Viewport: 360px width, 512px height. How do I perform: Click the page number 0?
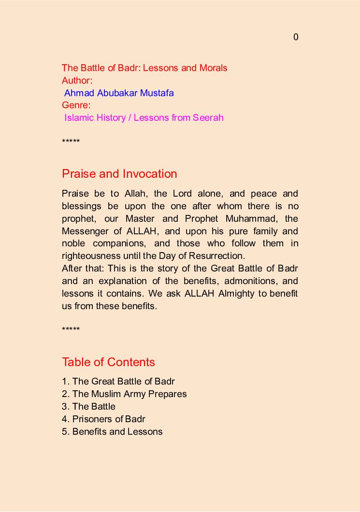(x=296, y=37)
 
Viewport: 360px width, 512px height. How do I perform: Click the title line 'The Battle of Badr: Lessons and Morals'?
(x=144, y=68)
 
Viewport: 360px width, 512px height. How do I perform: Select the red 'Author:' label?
(x=77, y=81)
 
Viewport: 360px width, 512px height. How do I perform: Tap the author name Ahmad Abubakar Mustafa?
(x=119, y=93)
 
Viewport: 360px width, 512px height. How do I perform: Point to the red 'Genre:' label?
(x=76, y=105)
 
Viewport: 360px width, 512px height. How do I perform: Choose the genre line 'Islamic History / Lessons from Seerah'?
(x=144, y=118)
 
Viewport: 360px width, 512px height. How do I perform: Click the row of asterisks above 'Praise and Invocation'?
(x=71, y=142)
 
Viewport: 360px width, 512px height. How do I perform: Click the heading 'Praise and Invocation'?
(x=119, y=174)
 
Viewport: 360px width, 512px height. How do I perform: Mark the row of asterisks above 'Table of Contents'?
(x=71, y=330)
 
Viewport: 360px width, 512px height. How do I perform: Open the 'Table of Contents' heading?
(x=108, y=362)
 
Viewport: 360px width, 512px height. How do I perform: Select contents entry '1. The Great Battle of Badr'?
(x=118, y=382)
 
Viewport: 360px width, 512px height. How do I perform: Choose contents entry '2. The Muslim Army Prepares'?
(x=124, y=394)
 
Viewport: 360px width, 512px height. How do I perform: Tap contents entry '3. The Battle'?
(x=89, y=407)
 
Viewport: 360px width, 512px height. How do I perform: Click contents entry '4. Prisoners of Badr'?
(x=103, y=419)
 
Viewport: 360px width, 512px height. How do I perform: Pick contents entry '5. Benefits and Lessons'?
(x=112, y=432)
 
